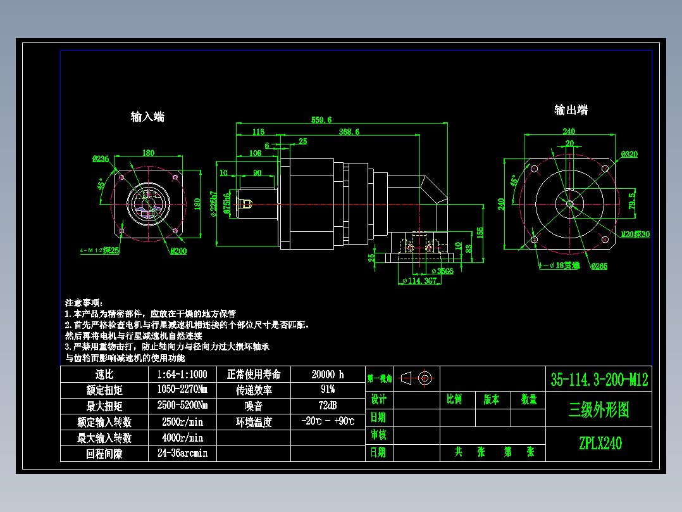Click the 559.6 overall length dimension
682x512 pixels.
[321, 119]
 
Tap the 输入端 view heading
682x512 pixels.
[147, 117]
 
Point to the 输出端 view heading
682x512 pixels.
[571, 110]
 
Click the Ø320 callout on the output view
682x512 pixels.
[629, 154]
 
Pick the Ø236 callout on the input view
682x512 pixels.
[101, 158]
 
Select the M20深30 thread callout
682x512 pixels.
[635, 234]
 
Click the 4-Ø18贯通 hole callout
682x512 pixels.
[559, 266]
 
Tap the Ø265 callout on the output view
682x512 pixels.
[599, 266]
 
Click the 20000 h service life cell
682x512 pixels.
[328, 374]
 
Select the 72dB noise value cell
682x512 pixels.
[328, 406]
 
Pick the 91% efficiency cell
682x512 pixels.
[328, 390]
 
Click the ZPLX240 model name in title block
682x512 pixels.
[600, 444]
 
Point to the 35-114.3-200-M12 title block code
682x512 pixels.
[599, 380]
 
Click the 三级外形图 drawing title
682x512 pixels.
[599, 410]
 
